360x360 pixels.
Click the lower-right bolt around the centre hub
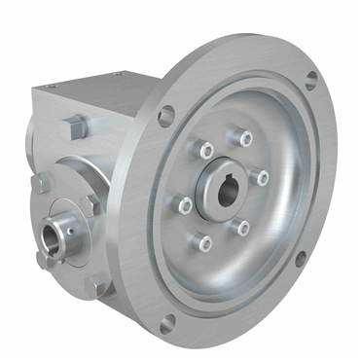(x=241, y=227)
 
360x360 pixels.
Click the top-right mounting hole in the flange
(x=310, y=81)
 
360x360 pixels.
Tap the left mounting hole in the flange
(x=165, y=115)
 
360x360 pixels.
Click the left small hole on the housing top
(x=119, y=74)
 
